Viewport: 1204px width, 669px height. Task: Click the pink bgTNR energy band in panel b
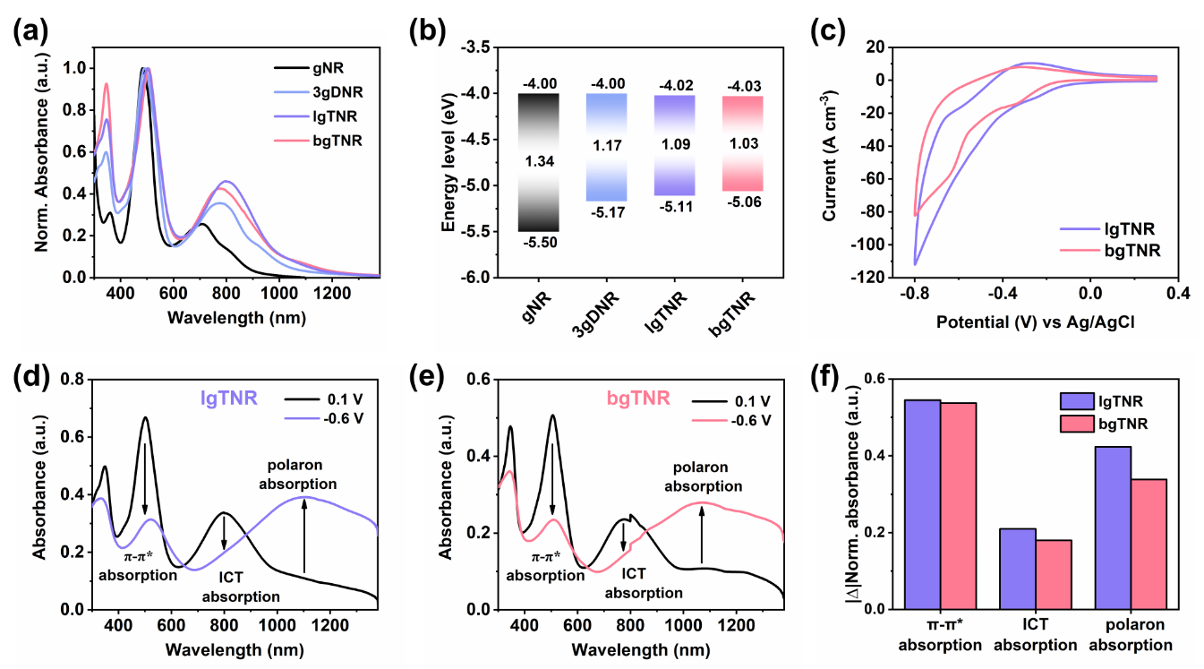coord(742,143)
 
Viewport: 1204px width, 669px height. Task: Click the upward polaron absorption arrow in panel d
coord(305,535)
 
